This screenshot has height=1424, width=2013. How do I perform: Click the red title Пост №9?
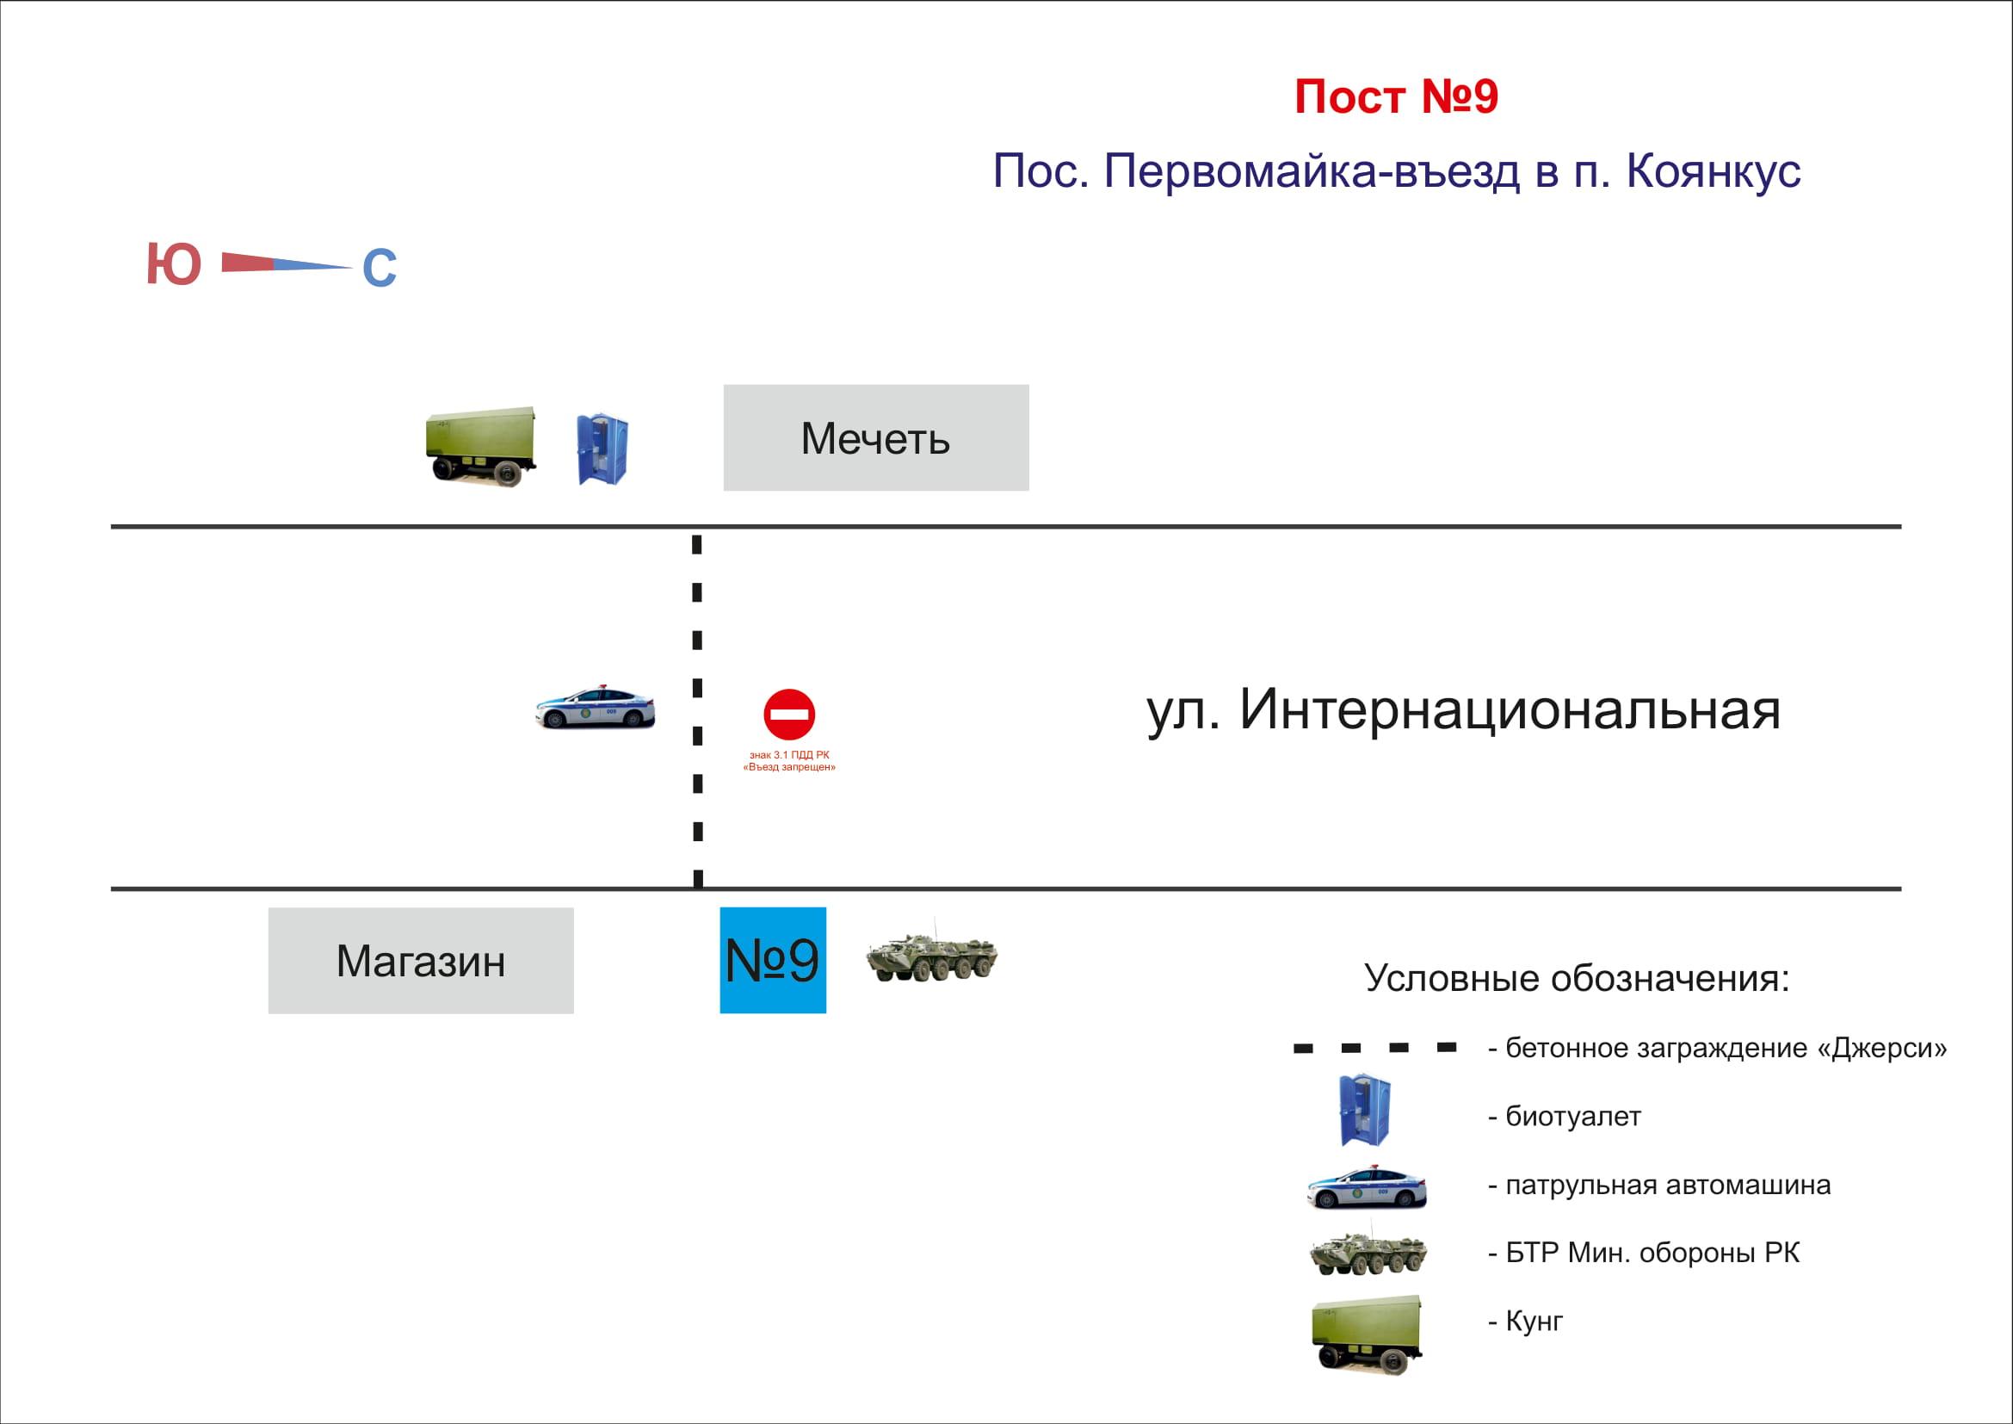(x=1396, y=96)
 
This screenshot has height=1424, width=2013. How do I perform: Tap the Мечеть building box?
(x=875, y=437)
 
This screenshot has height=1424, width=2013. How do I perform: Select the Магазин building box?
(x=421, y=960)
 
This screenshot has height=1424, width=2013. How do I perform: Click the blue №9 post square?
(x=772, y=960)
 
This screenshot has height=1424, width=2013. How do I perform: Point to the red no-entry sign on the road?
(x=789, y=714)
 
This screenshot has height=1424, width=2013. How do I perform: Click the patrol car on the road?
(x=596, y=707)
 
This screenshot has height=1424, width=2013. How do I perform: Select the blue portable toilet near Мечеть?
(x=602, y=449)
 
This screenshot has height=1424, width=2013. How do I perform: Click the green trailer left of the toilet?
(x=480, y=445)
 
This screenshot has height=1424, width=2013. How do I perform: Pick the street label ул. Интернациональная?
(x=1463, y=709)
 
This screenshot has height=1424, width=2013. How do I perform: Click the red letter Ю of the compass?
(x=174, y=264)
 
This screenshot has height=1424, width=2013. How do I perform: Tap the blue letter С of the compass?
(x=380, y=269)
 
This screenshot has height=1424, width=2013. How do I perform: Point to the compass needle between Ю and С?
(x=285, y=263)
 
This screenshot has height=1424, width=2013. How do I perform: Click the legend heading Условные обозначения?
(x=1577, y=978)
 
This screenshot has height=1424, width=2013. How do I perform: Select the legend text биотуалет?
(x=1573, y=1117)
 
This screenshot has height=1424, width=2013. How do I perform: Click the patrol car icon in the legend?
(x=1366, y=1187)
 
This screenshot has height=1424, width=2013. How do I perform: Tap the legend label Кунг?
(x=1534, y=1321)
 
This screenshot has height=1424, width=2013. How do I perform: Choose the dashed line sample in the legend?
(x=1374, y=1048)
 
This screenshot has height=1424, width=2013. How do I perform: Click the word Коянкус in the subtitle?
(x=1714, y=171)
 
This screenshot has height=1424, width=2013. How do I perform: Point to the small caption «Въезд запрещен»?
(x=789, y=767)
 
